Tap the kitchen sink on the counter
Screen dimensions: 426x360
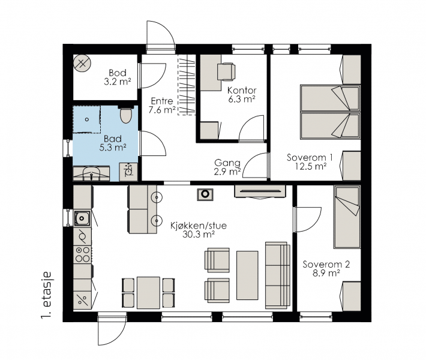pos(82,218)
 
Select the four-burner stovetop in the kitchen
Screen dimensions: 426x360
pos(82,254)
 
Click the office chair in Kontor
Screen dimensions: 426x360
pos(226,71)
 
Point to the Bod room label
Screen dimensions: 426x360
pos(118,73)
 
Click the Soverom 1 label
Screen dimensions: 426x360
pos(310,158)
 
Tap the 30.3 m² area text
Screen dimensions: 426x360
pos(199,234)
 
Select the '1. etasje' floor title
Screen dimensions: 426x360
pos(47,295)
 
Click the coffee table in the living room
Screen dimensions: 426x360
pos(247,275)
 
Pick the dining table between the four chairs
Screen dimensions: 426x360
pos(148,293)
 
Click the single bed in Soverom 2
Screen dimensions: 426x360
pos(347,217)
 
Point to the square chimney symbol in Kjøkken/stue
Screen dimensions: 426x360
pos(205,194)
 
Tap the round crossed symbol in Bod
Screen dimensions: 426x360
pos(82,64)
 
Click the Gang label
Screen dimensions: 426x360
pos(227,163)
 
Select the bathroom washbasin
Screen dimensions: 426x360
pos(92,173)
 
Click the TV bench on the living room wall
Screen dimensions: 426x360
pos(260,191)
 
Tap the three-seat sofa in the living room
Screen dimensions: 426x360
pos(278,275)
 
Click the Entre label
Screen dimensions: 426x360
pos(162,101)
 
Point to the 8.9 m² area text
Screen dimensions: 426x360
pos(326,273)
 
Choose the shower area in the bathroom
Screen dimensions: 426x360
pos(86,119)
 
